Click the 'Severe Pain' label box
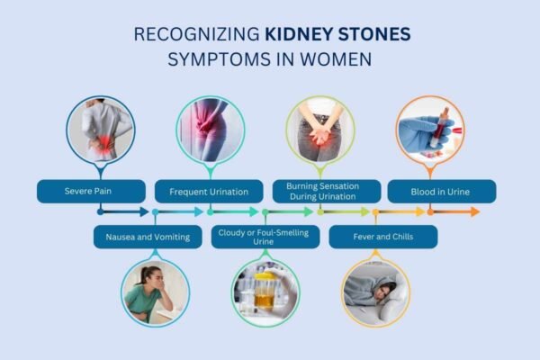click(x=91, y=191)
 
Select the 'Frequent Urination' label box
click(x=209, y=191)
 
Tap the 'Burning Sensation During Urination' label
click(x=320, y=191)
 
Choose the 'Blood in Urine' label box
click(x=441, y=191)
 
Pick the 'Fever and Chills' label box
click(x=383, y=237)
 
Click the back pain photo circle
click(x=100, y=130)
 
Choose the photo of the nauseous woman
click(x=155, y=292)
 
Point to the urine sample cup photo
click(x=265, y=292)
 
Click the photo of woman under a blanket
click(x=375, y=292)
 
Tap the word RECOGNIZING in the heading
click(x=197, y=34)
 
